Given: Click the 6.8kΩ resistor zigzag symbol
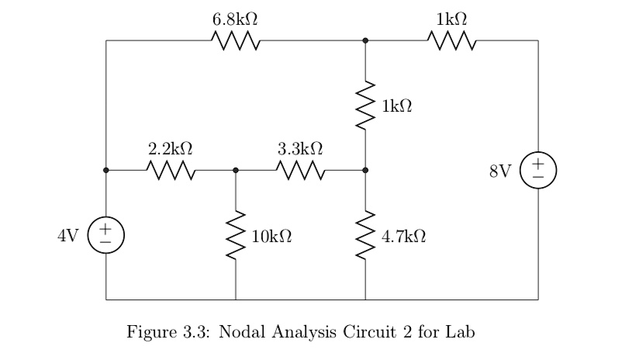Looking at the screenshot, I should [x=235, y=40].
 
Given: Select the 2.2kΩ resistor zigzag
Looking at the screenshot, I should [x=171, y=169].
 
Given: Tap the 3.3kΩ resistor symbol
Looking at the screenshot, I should [x=300, y=169].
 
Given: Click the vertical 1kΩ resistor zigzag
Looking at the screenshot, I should [x=365, y=105].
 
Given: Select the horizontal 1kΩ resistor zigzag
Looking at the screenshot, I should [x=451, y=40].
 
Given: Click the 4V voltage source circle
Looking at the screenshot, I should [x=106, y=234].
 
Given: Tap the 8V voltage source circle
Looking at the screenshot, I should [x=537, y=169].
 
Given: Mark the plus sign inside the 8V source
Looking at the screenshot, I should [x=537, y=163].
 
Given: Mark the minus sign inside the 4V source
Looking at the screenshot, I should [x=106, y=242].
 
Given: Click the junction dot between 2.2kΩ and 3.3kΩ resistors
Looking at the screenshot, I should [x=236, y=169].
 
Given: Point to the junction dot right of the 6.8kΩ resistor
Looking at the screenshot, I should [x=365, y=40].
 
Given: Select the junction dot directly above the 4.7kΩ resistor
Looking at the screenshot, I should [x=365, y=169].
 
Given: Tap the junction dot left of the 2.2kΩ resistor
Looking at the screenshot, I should [x=106, y=169].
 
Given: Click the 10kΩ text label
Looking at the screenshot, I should [x=272, y=235].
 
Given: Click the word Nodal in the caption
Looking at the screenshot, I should [x=242, y=333].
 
